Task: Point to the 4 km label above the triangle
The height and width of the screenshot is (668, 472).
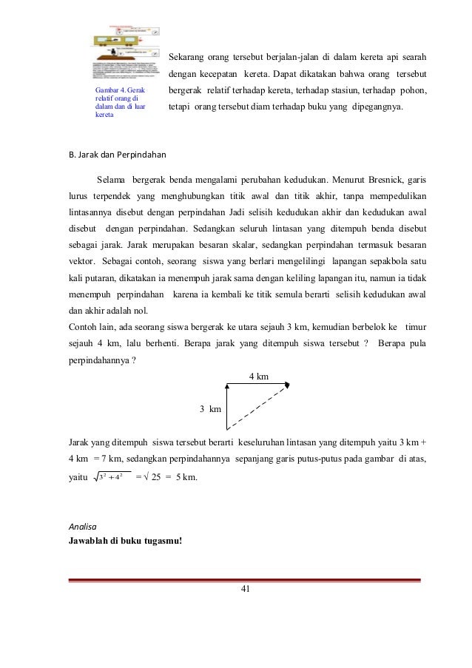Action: [x=258, y=376]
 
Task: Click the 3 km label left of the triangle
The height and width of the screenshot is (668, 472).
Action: [x=211, y=408]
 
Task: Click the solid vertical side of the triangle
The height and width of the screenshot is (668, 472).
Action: [x=226, y=406]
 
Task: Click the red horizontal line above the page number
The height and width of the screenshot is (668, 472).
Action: [x=245, y=580]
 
